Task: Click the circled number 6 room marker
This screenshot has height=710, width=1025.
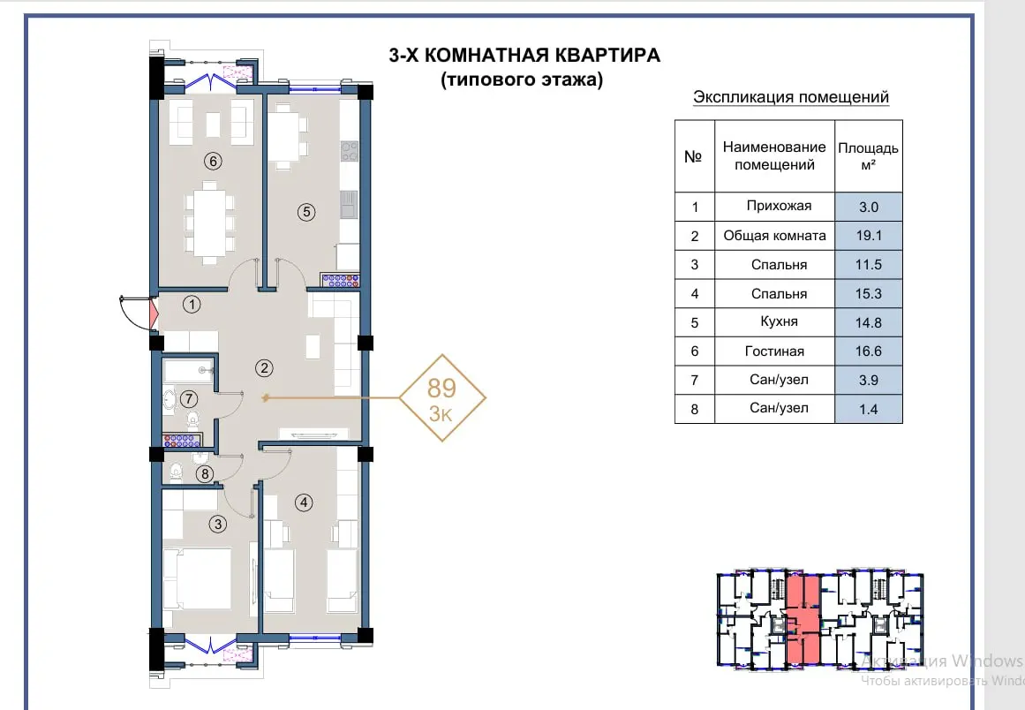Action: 213,161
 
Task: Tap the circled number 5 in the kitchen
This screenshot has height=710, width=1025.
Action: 306,212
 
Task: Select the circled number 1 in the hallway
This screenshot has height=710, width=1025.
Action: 192,304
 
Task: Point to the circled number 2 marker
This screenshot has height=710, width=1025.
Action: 264,368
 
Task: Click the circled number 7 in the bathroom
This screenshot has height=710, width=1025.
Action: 188,398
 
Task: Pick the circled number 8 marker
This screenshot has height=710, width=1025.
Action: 205,474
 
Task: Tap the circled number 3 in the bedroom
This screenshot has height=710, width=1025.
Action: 218,524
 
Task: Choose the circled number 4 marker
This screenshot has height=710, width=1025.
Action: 304,502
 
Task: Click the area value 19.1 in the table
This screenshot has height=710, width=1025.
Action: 869,236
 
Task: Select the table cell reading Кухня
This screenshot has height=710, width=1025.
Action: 774,321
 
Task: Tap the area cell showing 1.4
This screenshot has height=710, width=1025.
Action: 869,409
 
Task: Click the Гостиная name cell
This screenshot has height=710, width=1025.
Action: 774,351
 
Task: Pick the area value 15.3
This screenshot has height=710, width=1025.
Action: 869,293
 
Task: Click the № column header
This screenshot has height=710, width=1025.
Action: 694,156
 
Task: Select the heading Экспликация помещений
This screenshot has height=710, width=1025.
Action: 791,97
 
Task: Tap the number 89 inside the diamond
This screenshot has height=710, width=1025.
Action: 441,389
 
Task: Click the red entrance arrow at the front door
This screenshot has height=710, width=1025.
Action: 155,313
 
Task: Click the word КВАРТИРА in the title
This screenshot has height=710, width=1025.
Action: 608,55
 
